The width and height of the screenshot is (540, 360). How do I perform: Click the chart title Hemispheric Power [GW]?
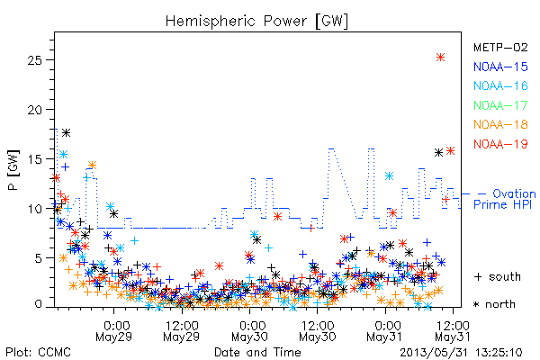256,21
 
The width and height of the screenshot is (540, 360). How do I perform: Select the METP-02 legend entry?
500,47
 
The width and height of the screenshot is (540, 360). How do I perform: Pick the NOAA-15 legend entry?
500,67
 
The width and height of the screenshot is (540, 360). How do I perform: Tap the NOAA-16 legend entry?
500,85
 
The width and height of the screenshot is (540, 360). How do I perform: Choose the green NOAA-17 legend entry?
500,105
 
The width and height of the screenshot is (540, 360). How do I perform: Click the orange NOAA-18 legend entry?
500,124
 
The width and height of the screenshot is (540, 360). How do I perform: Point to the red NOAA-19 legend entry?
500,144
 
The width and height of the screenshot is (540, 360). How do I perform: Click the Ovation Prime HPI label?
505,199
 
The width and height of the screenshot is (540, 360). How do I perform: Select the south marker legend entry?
498,276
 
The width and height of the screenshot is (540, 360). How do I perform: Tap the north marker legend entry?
494,304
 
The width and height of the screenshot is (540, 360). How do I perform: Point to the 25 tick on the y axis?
34,60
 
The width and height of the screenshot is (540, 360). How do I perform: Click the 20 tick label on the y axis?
34,110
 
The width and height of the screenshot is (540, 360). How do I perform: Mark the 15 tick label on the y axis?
34,159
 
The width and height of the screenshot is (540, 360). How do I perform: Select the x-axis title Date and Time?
257,352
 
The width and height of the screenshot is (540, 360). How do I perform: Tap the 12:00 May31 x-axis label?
453,330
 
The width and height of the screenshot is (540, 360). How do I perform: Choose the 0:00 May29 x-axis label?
113,330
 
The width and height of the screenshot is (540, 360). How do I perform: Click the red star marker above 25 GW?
440,58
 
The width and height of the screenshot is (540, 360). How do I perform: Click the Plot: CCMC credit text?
38,352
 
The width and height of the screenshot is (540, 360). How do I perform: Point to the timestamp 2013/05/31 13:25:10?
461,353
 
